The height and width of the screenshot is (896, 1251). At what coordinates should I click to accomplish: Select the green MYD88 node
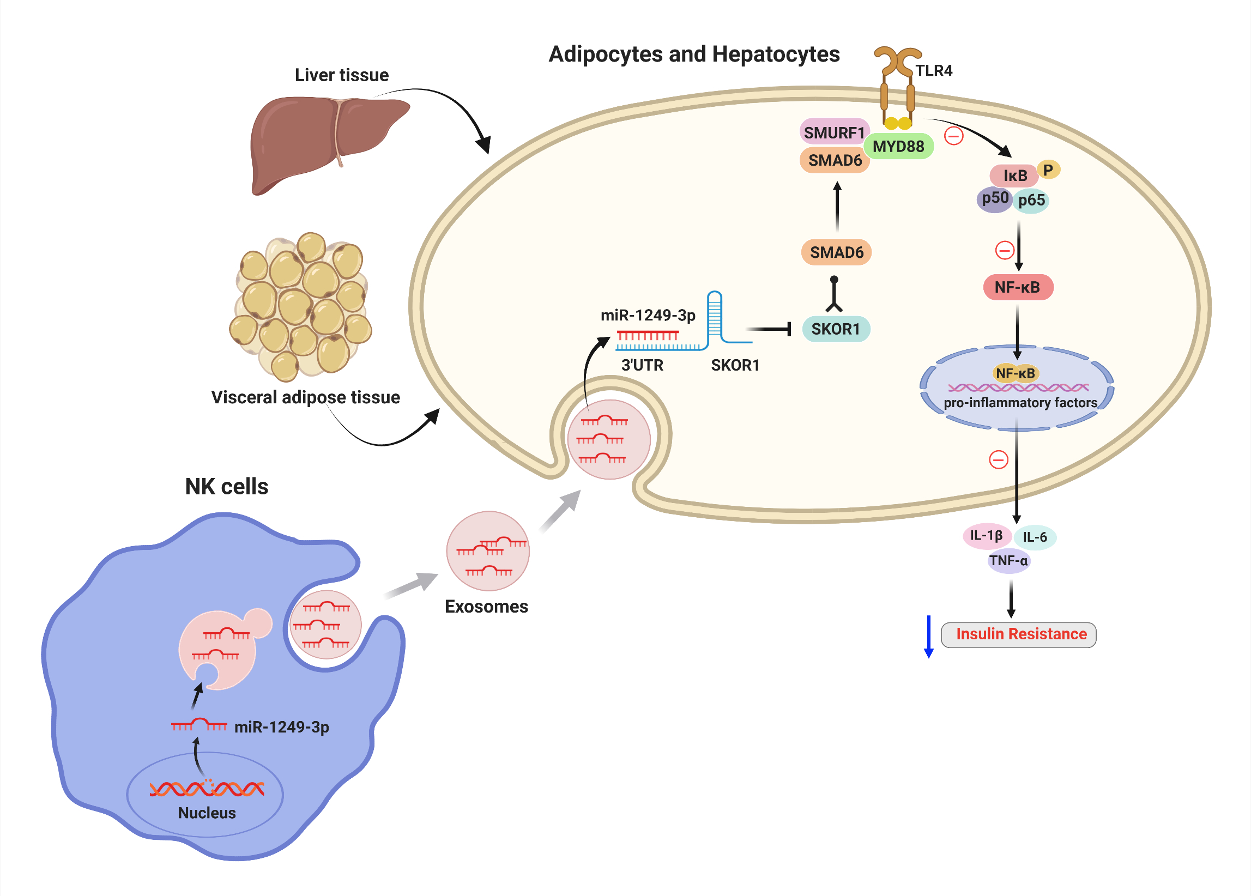898,146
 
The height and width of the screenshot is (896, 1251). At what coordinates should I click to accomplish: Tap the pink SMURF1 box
833,132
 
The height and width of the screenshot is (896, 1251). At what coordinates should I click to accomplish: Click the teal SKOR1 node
835,329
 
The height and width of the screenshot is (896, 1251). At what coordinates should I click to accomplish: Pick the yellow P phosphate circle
1048,170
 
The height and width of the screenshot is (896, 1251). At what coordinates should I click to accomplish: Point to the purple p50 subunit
994,198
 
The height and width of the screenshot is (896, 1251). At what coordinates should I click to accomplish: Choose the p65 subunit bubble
1031,200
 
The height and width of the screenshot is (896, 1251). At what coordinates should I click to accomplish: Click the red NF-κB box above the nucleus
1017,287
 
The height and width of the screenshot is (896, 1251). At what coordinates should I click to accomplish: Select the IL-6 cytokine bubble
1034,537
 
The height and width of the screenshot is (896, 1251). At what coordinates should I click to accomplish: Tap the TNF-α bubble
1008,561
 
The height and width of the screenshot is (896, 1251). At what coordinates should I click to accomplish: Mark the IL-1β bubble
986,535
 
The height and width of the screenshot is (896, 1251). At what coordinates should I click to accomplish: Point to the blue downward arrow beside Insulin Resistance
929,637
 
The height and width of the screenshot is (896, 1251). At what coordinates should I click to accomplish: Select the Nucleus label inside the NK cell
207,813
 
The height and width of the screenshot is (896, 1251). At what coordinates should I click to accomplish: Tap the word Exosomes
486,607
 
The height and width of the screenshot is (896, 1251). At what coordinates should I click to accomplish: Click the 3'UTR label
642,365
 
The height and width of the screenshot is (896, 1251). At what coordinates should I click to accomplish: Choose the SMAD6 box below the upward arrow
836,252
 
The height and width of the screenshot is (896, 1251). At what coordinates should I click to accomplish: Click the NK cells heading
227,487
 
